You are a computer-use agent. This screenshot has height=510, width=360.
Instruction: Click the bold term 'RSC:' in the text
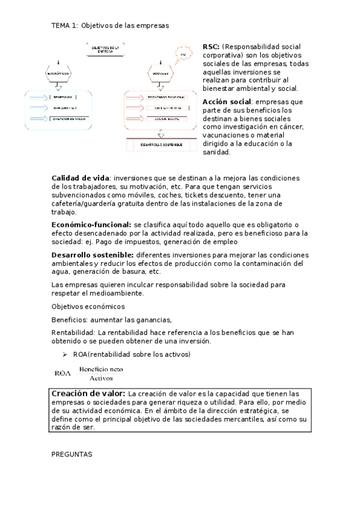(211, 46)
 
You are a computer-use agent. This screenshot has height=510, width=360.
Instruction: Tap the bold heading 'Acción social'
(227, 102)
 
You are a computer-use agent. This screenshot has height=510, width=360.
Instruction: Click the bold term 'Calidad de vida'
(81, 178)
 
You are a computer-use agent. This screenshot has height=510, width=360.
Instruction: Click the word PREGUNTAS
(72, 455)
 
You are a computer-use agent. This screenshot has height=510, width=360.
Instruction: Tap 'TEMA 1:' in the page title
(65, 25)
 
